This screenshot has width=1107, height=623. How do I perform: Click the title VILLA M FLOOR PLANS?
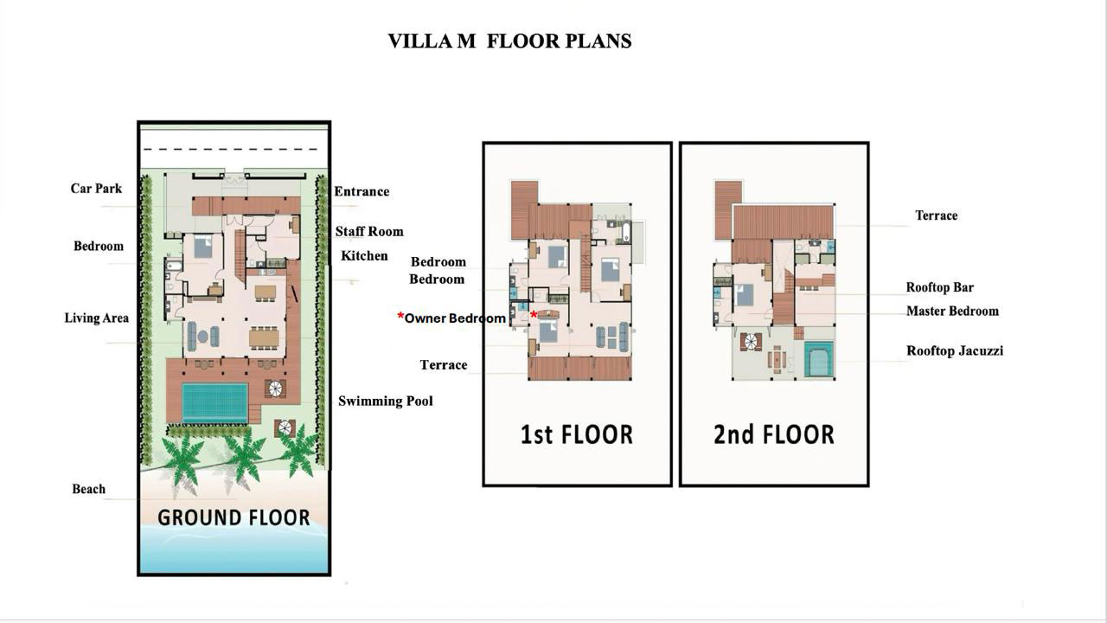pos(509,41)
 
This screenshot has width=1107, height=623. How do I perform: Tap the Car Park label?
pos(96,189)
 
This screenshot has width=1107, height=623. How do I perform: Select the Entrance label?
pos(362,191)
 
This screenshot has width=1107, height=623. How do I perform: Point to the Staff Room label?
pos(369,231)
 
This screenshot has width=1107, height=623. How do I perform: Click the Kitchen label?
pos(364,255)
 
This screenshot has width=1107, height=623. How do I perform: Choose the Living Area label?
pos(97,318)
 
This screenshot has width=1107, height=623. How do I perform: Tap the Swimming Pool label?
pos(386,401)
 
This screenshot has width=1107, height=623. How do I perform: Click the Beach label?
pos(89,489)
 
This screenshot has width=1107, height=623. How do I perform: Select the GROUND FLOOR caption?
pos(234,517)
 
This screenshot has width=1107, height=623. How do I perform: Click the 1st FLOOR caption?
pos(577,434)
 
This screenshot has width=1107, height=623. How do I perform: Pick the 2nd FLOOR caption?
pos(774,434)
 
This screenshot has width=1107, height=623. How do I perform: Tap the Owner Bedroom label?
pos(455,318)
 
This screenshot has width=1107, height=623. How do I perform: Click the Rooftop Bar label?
pos(940,287)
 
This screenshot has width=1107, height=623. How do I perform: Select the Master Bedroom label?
pos(953,311)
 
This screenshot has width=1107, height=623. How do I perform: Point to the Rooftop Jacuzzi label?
pos(955,350)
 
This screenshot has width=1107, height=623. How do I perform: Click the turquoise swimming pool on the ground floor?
pos(215,402)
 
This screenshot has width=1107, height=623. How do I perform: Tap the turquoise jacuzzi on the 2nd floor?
pos(819,359)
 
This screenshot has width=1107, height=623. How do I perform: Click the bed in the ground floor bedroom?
pos(203,247)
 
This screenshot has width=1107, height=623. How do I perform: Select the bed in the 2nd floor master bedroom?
pos(745,295)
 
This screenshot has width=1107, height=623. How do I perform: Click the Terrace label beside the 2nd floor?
pos(937,215)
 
